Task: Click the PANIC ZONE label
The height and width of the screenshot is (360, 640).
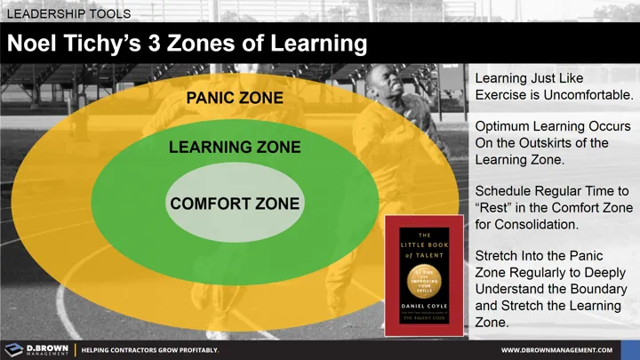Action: tap(235, 98)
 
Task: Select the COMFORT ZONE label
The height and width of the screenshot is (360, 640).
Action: tap(235, 204)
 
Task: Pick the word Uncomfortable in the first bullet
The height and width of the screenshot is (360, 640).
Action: tap(588, 94)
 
